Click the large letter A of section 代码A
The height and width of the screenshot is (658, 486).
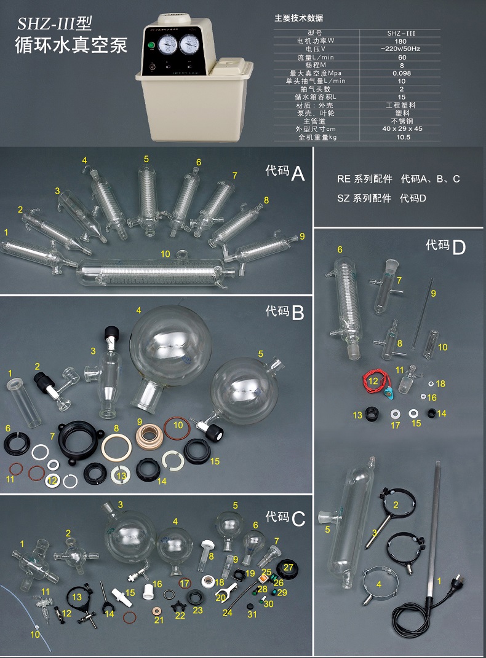click(298, 174)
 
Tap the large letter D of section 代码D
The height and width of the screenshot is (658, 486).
click(458, 248)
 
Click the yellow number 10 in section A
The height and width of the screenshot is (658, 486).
click(165, 254)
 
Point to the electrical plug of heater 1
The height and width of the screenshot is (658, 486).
click(456, 599)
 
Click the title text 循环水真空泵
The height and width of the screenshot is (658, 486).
click(71, 46)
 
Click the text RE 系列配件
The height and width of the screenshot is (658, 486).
click(364, 179)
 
